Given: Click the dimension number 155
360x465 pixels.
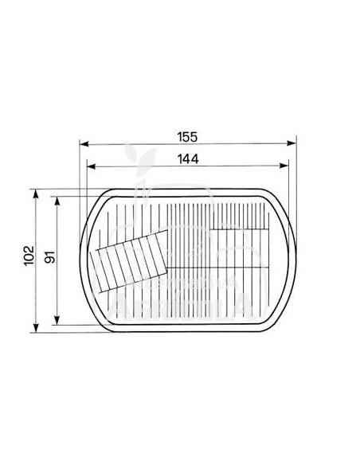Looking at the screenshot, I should pyautogui.click(x=188, y=137).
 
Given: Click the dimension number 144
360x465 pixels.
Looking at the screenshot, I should pyautogui.click(x=188, y=158).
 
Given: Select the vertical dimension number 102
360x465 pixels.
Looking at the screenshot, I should pyautogui.click(x=29, y=260).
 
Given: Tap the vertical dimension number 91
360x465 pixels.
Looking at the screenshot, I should pyautogui.click(x=49, y=260).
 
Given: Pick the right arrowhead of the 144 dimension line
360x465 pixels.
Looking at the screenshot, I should pyautogui.click(x=287, y=166).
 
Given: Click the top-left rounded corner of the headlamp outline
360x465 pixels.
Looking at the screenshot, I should pyautogui.click(x=97, y=200).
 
